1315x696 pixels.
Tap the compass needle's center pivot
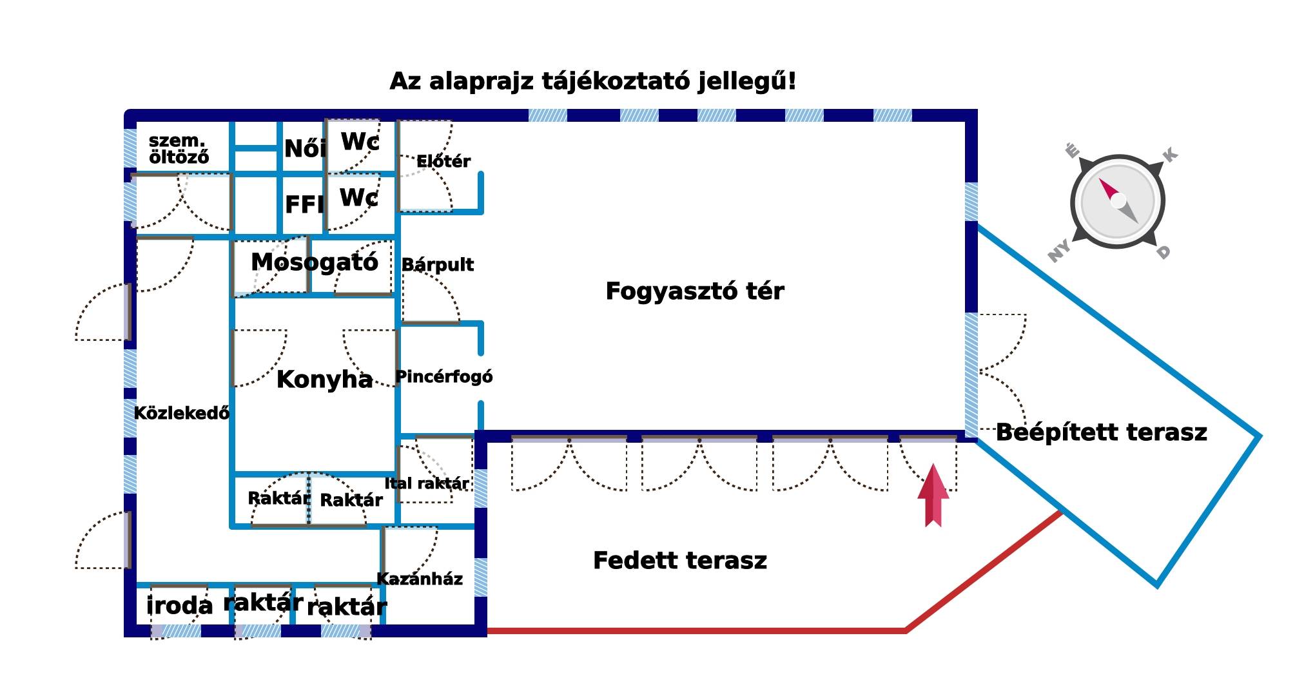[x=1118, y=200]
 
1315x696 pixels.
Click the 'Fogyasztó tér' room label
[x=695, y=291]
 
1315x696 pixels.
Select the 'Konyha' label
[x=325, y=380]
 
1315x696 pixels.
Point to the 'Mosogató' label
[x=315, y=262]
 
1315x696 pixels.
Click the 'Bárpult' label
[x=438, y=265]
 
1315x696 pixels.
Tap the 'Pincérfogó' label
[x=444, y=377]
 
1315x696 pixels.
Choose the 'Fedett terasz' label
[x=680, y=561]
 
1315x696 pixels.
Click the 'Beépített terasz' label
[x=1102, y=432]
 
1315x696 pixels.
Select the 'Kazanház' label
[x=420, y=579]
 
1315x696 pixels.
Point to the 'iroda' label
[x=180, y=606]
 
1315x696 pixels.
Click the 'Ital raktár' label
[x=427, y=483]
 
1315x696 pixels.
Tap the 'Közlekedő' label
[x=182, y=413]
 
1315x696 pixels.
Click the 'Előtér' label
[x=443, y=161]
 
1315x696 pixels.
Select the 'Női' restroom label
[x=305, y=149]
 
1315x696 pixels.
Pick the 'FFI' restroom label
[x=304, y=205]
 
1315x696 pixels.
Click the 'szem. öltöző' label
[x=179, y=149]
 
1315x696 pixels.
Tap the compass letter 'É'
[x=1071, y=151]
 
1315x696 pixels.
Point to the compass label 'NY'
[x=1059, y=251]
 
